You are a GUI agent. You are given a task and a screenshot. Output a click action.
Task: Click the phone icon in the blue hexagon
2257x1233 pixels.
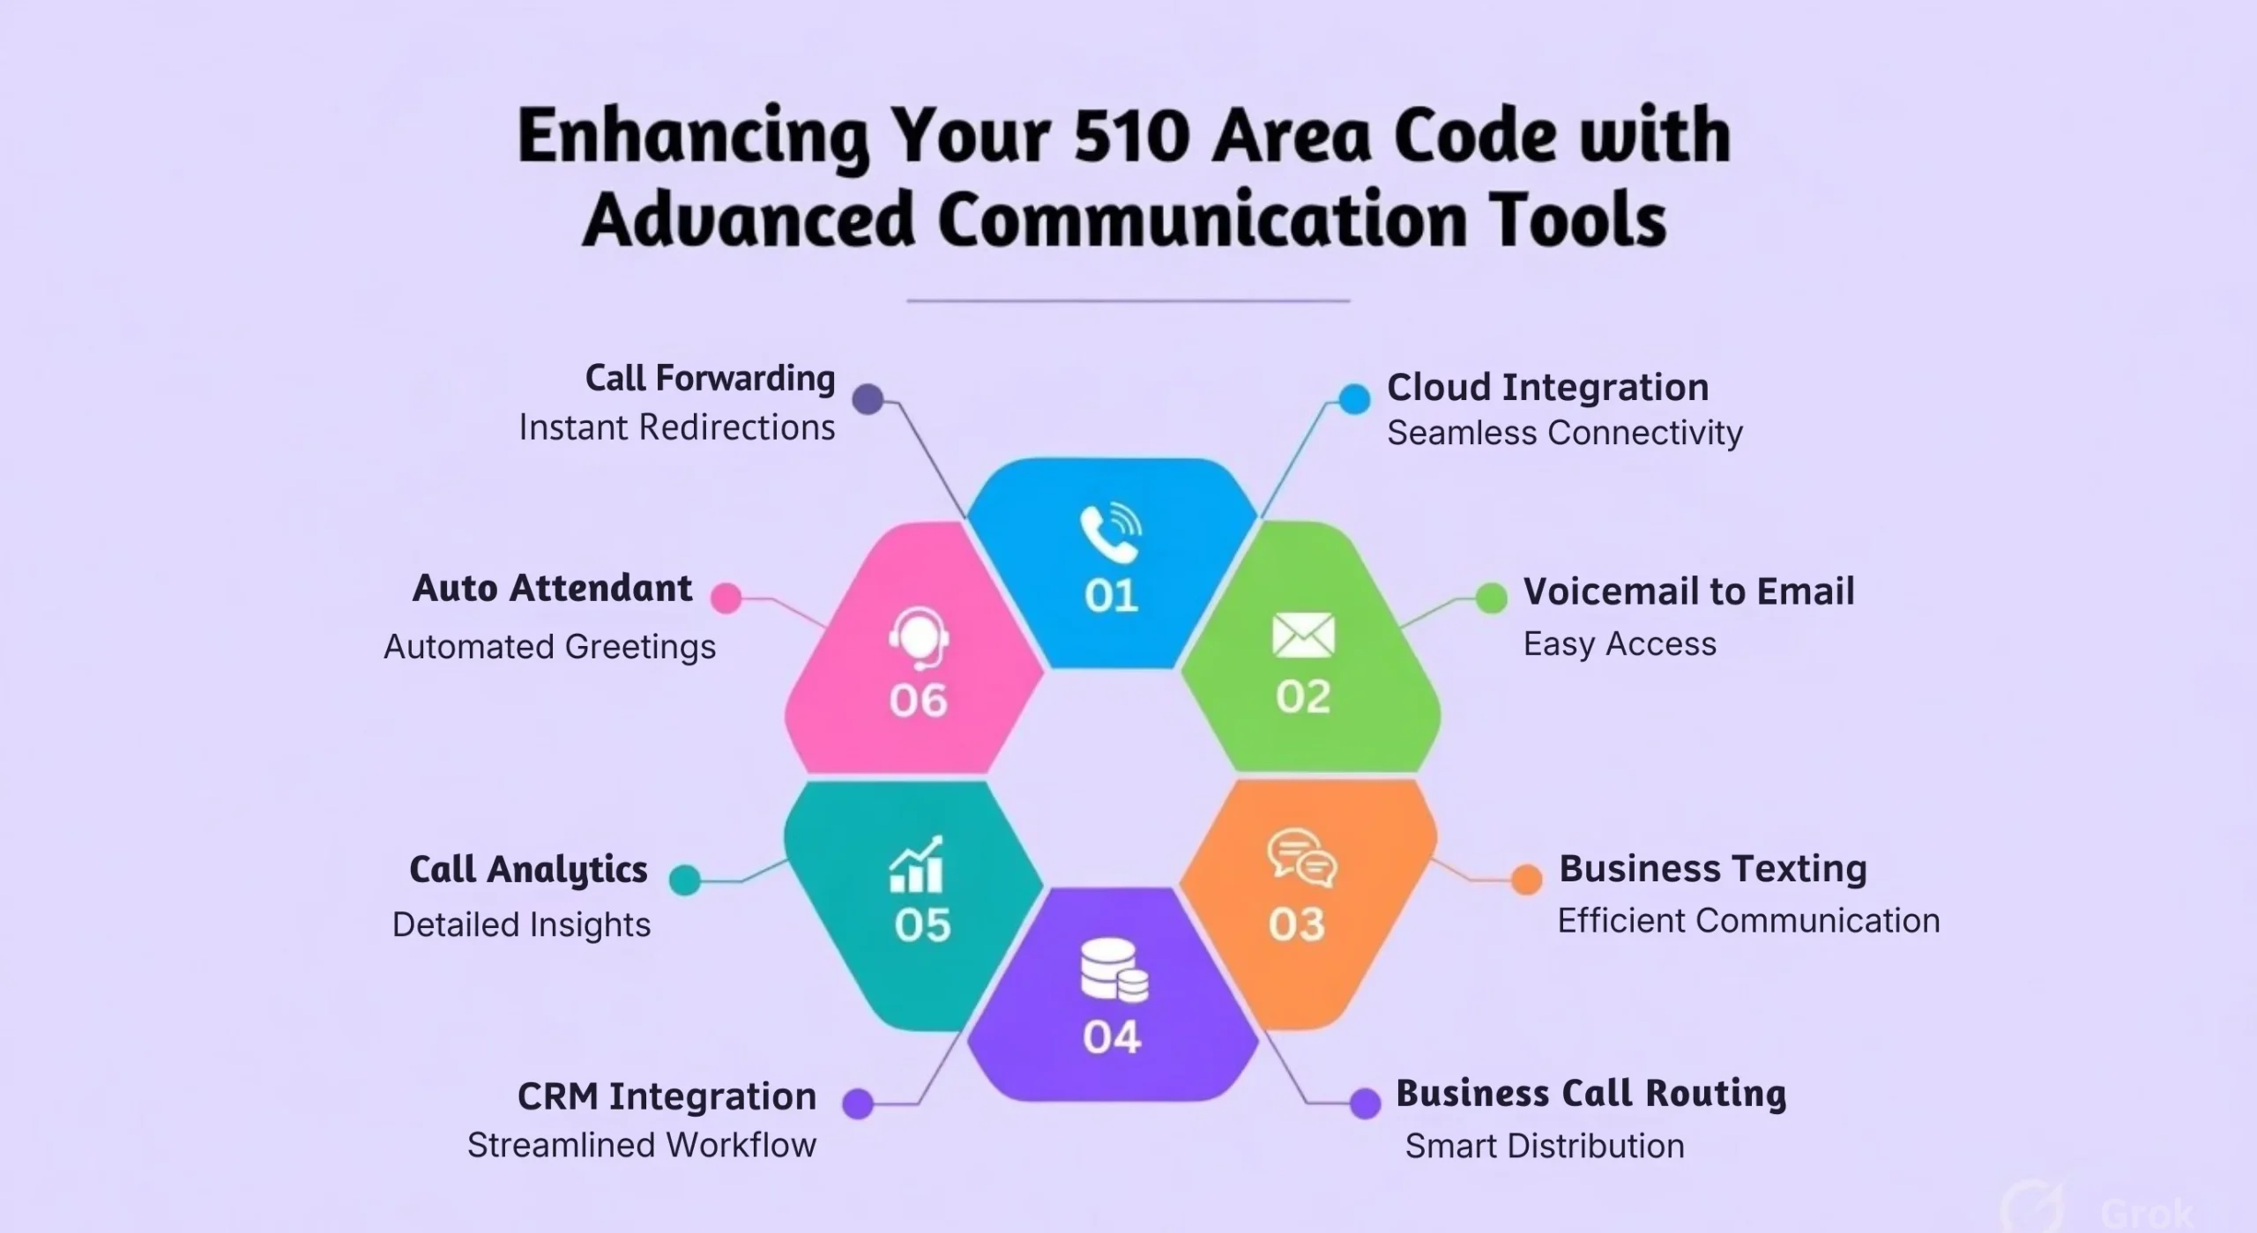pyautogui.click(x=1110, y=533)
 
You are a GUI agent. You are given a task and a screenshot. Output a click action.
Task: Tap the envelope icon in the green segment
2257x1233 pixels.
pyautogui.click(x=1303, y=635)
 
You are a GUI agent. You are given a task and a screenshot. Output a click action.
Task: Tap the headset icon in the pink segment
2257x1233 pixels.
pyautogui.click(x=919, y=637)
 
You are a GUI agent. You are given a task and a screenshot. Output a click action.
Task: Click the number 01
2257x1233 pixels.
pyautogui.click(x=1111, y=597)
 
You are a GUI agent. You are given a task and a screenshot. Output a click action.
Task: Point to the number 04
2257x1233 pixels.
pyautogui.click(x=1112, y=1036)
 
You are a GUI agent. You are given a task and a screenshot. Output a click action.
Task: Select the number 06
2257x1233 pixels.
pyautogui.click(x=918, y=701)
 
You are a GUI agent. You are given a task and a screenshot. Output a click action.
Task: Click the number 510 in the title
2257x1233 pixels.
pyautogui.click(x=1132, y=137)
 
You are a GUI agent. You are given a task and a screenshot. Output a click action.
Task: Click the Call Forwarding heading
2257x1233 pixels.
pyautogui.click(x=710, y=378)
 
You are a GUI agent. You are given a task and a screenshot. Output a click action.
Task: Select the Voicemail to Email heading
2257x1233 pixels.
pyautogui.click(x=1688, y=591)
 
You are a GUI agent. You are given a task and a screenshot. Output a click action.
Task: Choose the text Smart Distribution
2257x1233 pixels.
pyautogui.click(x=1544, y=1146)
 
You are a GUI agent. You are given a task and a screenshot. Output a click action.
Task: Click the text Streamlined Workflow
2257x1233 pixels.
pyautogui.click(x=641, y=1145)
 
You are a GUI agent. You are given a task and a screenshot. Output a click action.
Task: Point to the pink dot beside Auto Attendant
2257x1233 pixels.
pyautogui.click(x=726, y=598)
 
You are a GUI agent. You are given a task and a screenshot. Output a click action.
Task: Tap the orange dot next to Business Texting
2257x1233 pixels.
pyautogui.click(x=1526, y=879)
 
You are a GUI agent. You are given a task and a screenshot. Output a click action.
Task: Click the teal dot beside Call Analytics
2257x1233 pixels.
pyautogui.click(x=685, y=880)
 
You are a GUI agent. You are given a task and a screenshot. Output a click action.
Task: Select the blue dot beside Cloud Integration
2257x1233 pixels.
pyautogui.click(x=1354, y=399)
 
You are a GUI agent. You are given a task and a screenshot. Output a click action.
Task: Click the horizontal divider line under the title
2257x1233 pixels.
pyautogui.click(x=1128, y=301)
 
